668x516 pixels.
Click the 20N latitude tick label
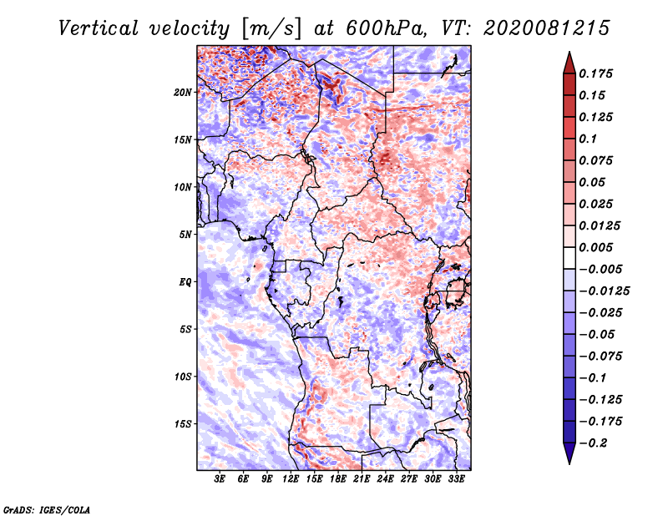click(x=182, y=93)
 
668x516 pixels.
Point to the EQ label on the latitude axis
click(x=185, y=282)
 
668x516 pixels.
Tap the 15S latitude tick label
click(x=182, y=424)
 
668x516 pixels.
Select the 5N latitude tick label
click(x=185, y=235)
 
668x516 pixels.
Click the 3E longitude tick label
click(x=220, y=479)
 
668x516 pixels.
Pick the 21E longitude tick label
click(x=362, y=479)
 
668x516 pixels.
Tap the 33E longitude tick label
click(x=456, y=479)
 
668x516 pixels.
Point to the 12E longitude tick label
click(x=290, y=479)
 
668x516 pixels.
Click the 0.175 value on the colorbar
click(x=595, y=73)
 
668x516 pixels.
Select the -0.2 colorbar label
click(x=593, y=443)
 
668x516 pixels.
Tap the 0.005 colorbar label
click(x=595, y=247)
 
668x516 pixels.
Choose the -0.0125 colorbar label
click(x=604, y=291)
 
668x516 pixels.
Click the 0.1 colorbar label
click(x=588, y=139)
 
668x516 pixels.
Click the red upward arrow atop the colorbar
click(x=569, y=63)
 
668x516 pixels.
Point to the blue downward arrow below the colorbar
click(x=569, y=453)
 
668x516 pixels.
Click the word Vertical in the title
click(x=98, y=28)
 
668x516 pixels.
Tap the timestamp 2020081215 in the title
click(x=547, y=28)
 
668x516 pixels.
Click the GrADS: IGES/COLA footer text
click(x=47, y=509)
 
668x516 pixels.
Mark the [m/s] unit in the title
click(x=271, y=28)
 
